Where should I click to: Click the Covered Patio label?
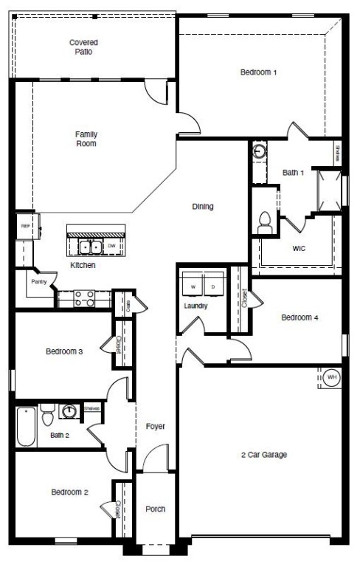[x=84, y=47]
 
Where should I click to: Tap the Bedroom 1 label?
[x=258, y=72]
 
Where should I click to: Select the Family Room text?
[x=86, y=139]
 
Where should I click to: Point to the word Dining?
[x=202, y=207]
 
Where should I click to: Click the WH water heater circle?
[x=333, y=377]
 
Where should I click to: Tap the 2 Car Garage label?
[x=263, y=455]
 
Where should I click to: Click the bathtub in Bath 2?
[x=27, y=427]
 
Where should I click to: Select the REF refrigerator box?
[x=24, y=227]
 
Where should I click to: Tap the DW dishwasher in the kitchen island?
[x=111, y=246]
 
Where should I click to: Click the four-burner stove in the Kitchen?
[x=84, y=298]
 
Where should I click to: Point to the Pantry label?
[x=39, y=282]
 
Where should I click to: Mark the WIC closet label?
[x=299, y=248]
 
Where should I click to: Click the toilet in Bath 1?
[x=265, y=221]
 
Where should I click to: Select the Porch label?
[x=156, y=509]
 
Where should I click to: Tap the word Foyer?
[x=155, y=427]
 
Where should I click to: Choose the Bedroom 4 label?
[x=300, y=318]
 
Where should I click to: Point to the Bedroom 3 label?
[x=63, y=351]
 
